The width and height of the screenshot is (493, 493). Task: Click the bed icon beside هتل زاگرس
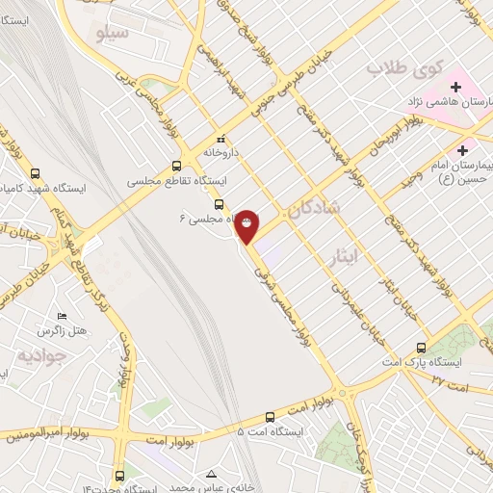tap(63, 317)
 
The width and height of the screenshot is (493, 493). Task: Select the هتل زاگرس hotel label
tap(91, 330)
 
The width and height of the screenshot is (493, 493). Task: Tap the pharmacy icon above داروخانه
tap(221, 138)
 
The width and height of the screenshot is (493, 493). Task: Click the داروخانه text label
tap(221, 152)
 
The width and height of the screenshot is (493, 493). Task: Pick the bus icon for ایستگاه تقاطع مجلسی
tap(175, 165)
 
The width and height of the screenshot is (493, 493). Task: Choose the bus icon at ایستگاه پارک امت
tap(421, 348)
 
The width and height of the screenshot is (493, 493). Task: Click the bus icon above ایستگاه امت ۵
tap(269, 418)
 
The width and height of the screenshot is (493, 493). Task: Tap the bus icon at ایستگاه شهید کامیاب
tap(36, 174)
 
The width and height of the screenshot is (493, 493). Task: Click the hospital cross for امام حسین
tap(463, 150)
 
